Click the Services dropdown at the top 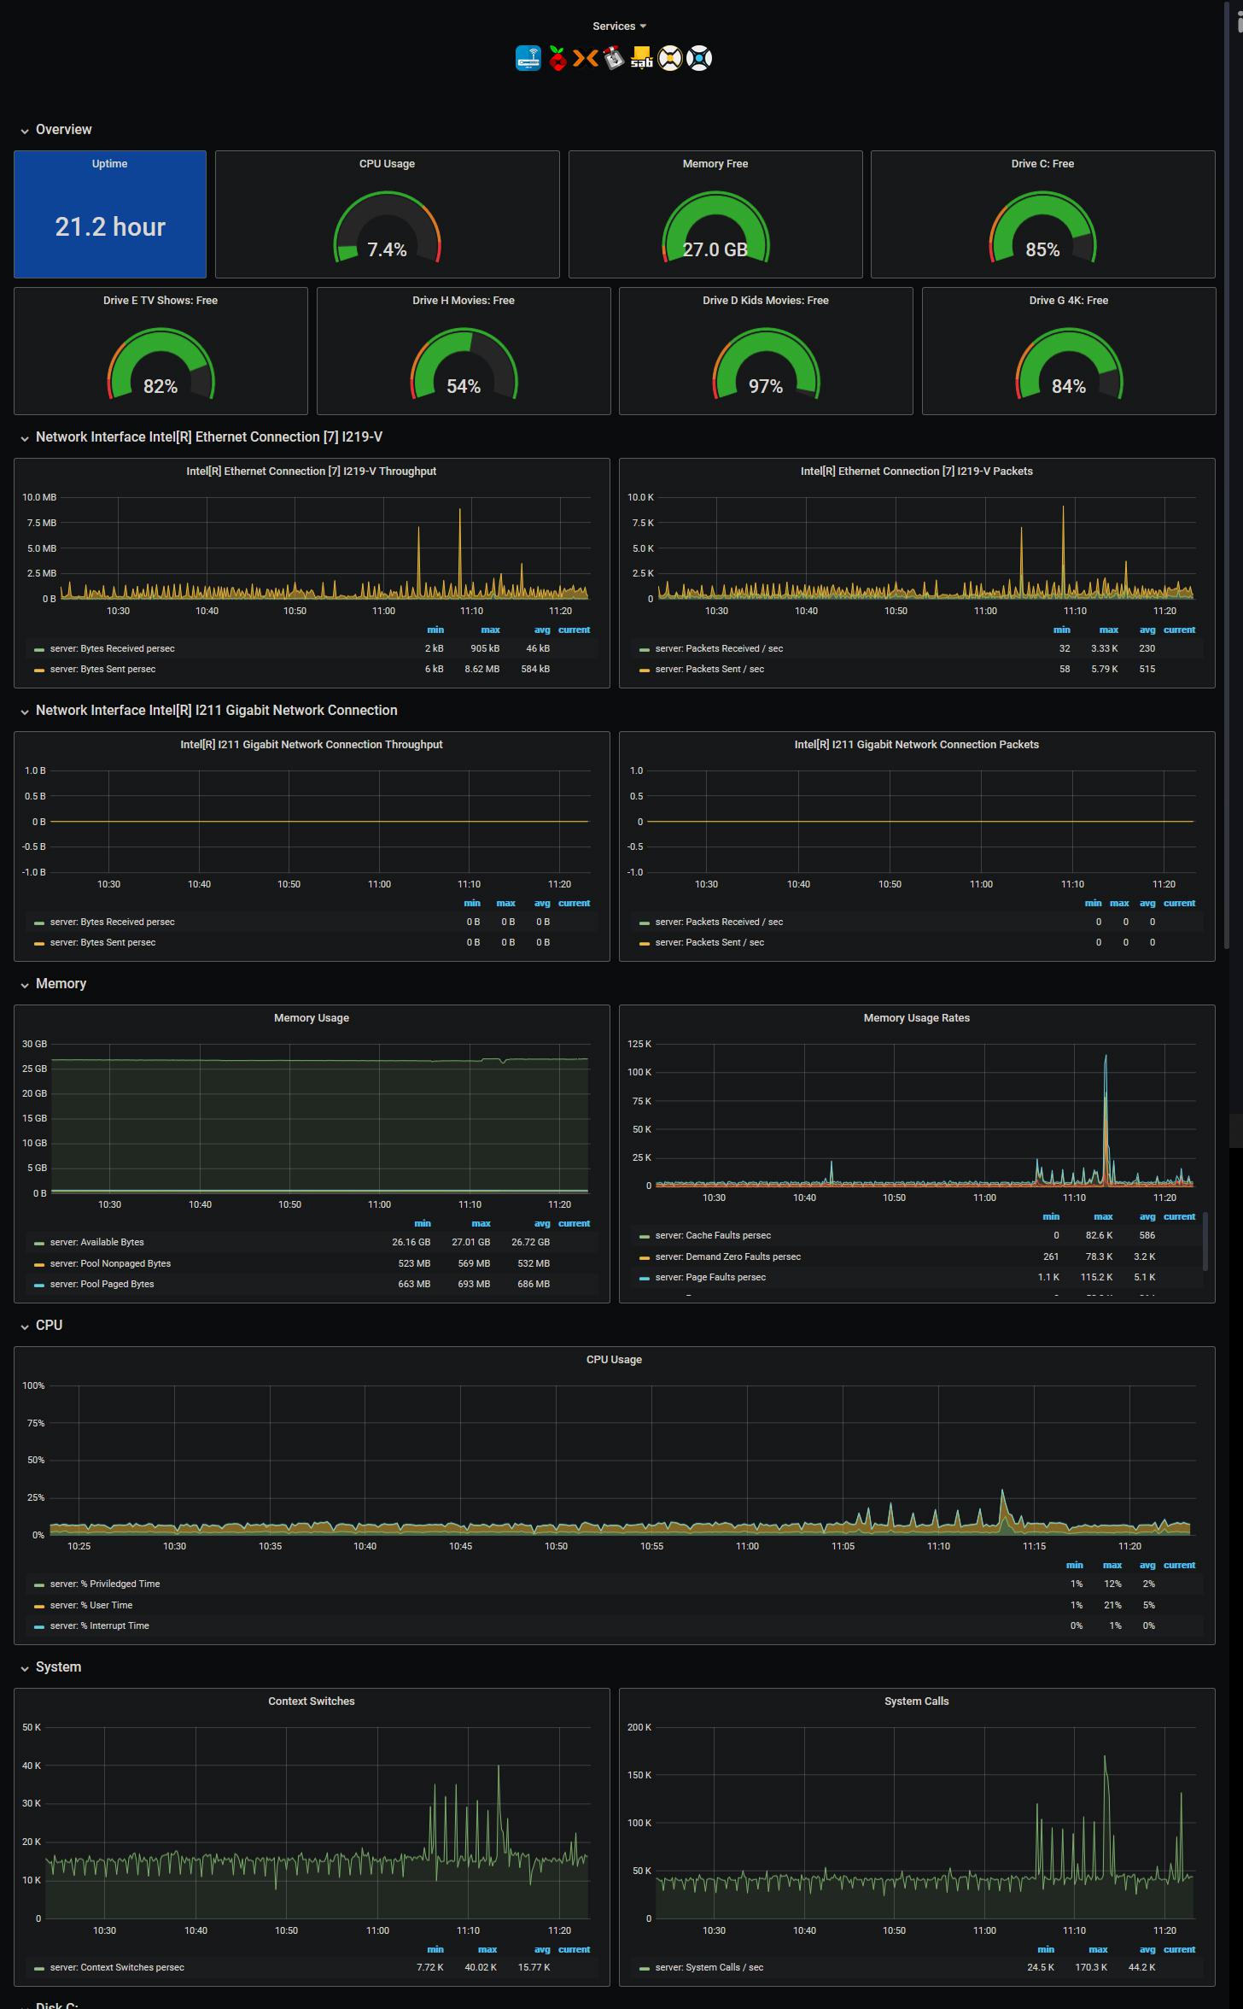(x=619, y=26)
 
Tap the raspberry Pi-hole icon (x=557, y=59)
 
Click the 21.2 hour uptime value (x=110, y=227)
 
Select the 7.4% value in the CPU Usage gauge (x=387, y=250)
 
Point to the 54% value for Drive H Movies (x=464, y=387)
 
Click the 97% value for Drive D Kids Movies (x=766, y=387)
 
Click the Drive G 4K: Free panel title (x=1068, y=301)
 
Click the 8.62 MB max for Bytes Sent (x=481, y=670)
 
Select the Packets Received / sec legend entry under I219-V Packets (x=719, y=649)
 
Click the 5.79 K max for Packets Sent (x=1104, y=670)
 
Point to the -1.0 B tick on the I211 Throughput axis (x=34, y=873)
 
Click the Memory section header (x=61, y=984)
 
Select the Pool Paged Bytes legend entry (x=102, y=1285)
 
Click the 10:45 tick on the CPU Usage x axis (x=460, y=1547)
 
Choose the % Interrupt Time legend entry (x=99, y=1626)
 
